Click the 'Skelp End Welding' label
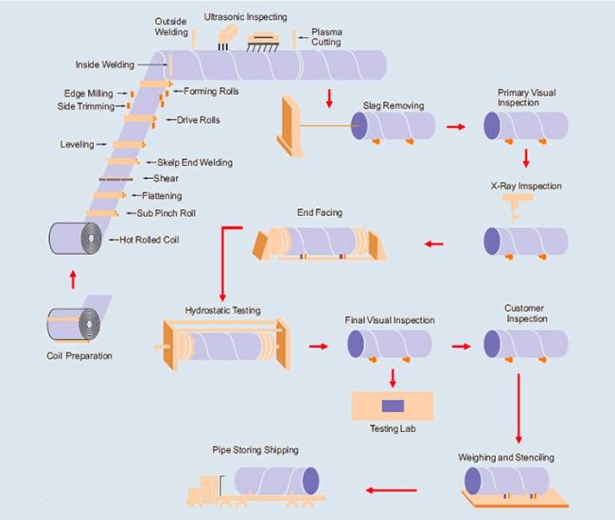pos(196,162)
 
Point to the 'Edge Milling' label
pos(88,93)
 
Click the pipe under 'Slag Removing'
pos(393,126)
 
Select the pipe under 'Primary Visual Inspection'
pos(525,126)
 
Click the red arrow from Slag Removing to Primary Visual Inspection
pos(457,126)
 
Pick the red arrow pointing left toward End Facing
pos(433,244)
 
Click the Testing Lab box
pos(392,405)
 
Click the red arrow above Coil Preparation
pos(73,279)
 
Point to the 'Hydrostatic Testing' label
pos(222,311)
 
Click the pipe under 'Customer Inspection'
pos(525,343)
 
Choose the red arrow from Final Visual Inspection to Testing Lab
pos(392,376)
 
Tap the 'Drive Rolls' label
pos(198,120)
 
